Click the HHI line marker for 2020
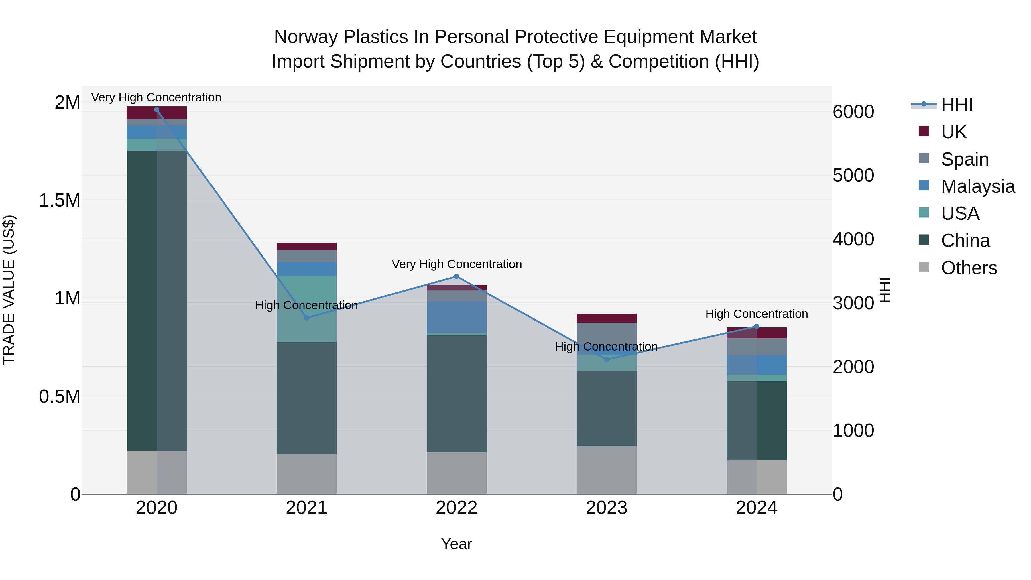[156, 110]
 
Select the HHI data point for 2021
[306, 318]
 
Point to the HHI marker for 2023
[606, 359]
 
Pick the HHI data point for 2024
[756, 327]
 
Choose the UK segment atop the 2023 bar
[606, 318]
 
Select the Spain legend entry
[964, 159]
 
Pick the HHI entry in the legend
[956, 105]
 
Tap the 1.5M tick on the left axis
[59, 200]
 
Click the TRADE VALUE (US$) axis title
[9, 290]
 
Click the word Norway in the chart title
[306, 37]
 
